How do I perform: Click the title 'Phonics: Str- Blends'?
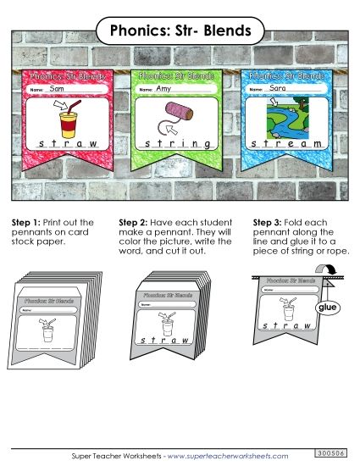(180, 31)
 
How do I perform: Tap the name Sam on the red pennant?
(58, 88)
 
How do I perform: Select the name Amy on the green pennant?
(163, 88)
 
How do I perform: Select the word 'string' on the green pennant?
(179, 145)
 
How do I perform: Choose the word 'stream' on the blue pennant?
(289, 145)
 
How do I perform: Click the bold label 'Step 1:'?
(25, 223)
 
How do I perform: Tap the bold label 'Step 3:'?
(268, 223)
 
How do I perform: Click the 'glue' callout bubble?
(327, 310)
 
